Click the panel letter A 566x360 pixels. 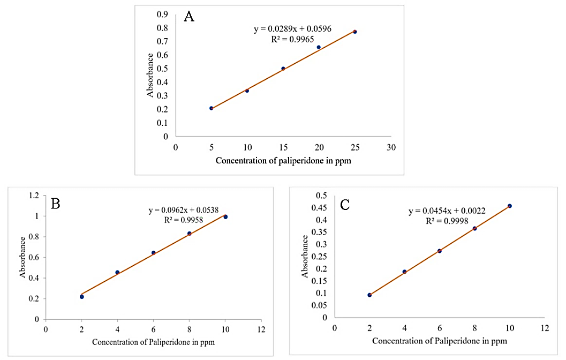pos(189,17)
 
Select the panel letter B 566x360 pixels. pos(55,204)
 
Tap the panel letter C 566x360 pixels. pos(345,204)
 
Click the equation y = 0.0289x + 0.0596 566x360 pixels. pos(293,29)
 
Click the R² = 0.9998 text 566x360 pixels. pos(447,221)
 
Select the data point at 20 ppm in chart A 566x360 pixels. pos(319,47)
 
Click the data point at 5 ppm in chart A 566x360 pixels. pos(212,108)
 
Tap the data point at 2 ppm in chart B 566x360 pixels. pos(82,296)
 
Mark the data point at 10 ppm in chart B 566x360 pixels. pos(225,217)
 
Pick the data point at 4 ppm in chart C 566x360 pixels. pos(404,272)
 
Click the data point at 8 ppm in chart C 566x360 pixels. pos(474,228)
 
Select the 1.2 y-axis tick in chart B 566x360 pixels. pos(34,196)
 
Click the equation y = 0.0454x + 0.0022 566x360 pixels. pos(447,211)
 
